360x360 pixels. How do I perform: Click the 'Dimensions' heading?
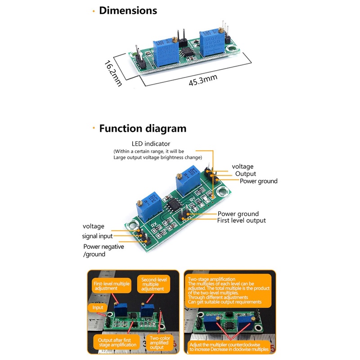[x=128, y=10]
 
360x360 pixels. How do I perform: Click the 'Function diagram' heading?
[x=142, y=129]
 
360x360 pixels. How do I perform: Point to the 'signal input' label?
[x=97, y=236]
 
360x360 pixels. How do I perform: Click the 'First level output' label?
[x=241, y=220]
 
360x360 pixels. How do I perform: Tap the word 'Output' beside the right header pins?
[x=246, y=174]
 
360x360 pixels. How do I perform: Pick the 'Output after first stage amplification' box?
[x=116, y=342]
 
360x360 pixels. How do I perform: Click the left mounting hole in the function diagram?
[x=133, y=226]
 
